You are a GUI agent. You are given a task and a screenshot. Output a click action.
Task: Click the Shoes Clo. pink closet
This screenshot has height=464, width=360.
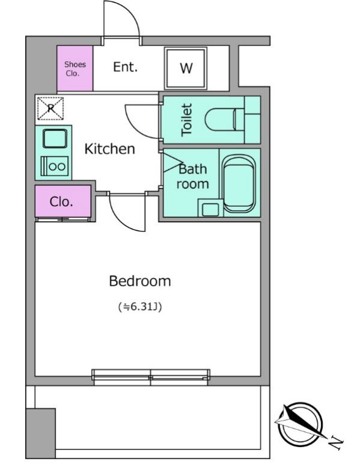click(75, 69)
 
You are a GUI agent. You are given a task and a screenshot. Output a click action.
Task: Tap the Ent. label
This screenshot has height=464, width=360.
click(126, 67)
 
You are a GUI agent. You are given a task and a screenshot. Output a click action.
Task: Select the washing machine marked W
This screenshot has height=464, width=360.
click(186, 69)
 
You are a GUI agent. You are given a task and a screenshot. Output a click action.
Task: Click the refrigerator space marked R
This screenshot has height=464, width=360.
click(50, 108)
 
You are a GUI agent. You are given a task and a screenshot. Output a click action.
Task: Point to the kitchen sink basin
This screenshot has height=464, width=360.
click(55, 138)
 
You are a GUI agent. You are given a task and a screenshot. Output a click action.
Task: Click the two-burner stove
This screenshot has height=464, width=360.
click(55, 166)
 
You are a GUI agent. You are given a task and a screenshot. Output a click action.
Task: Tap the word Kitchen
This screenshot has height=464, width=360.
click(110, 149)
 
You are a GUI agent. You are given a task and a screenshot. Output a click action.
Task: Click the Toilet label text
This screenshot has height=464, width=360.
click(187, 120)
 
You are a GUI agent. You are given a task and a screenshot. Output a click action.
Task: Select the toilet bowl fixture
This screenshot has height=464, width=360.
click(224, 120)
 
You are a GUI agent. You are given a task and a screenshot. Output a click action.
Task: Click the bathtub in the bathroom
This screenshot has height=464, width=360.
click(239, 185)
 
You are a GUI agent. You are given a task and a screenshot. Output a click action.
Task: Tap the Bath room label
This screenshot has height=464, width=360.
click(193, 176)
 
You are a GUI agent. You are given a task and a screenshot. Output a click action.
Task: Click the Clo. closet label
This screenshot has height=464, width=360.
click(61, 202)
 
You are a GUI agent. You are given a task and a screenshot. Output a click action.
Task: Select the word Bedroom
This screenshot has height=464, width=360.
click(140, 281)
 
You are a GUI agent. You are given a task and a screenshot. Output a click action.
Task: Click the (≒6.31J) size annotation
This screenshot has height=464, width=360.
click(140, 307)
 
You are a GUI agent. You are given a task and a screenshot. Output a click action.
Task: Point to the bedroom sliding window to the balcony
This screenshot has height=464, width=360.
click(151, 377)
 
